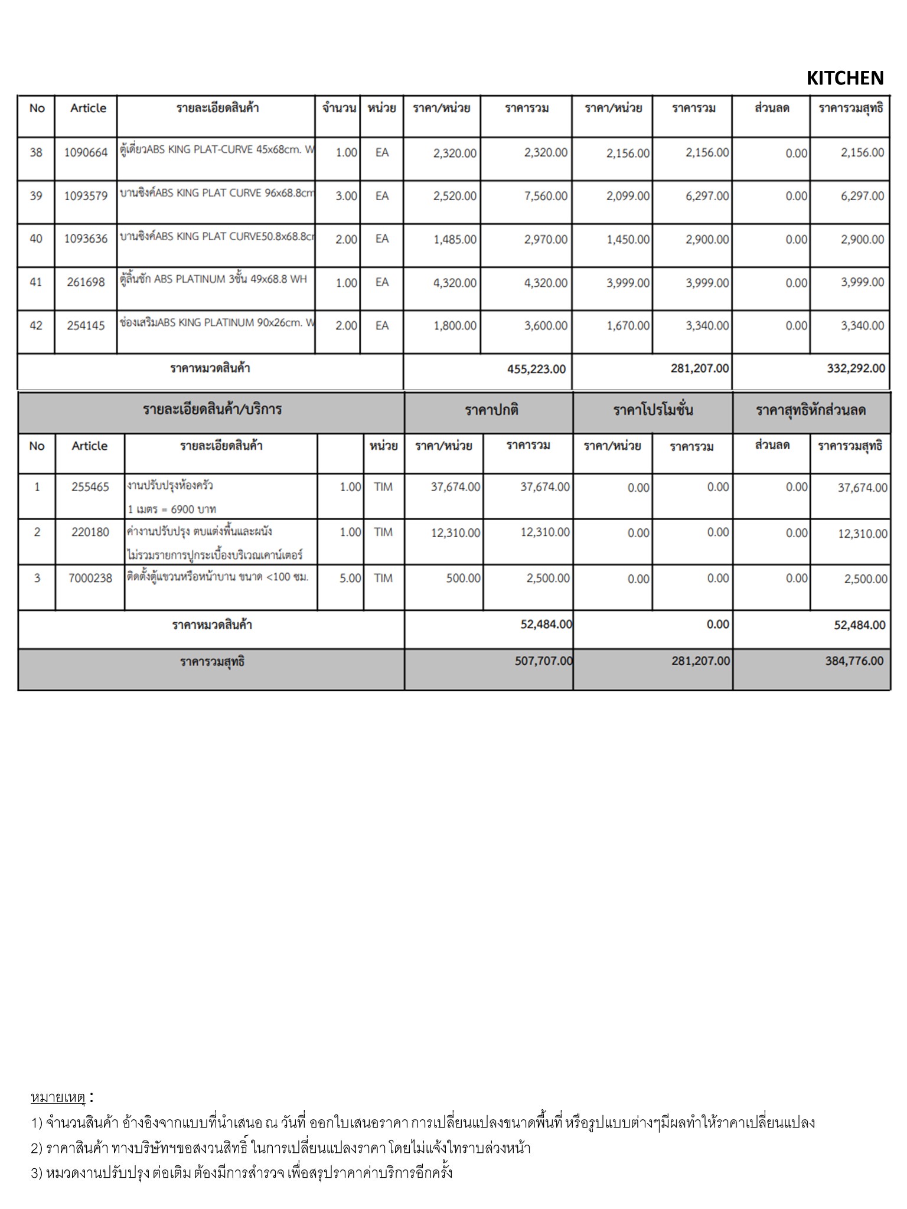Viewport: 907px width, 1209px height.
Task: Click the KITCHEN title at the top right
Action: pos(844,78)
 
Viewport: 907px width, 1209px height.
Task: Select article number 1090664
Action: pos(86,153)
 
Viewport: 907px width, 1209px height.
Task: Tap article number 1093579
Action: pos(86,196)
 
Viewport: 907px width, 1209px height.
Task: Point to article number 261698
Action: pos(86,282)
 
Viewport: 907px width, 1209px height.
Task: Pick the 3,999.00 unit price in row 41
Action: pos(628,283)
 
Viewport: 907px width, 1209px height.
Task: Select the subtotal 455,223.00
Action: pos(536,370)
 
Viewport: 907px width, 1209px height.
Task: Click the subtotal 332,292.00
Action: pos(856,369)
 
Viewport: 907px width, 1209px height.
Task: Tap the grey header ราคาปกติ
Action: pos(491,410)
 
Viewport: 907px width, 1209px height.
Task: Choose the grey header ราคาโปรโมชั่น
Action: pos(652,410)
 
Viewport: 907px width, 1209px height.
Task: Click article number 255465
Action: pos(90,488)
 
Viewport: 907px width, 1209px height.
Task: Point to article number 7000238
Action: pos(90,579)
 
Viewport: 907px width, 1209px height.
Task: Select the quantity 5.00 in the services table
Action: pos(350,579)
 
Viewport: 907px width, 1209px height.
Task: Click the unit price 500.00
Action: pos(463,579)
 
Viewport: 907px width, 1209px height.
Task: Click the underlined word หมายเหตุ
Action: pos(58,1098)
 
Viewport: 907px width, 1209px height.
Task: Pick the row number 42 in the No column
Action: pos(36,326)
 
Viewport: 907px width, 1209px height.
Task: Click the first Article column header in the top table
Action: pos(88,108)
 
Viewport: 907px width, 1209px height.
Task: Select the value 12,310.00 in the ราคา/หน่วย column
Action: pos(455,533)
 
